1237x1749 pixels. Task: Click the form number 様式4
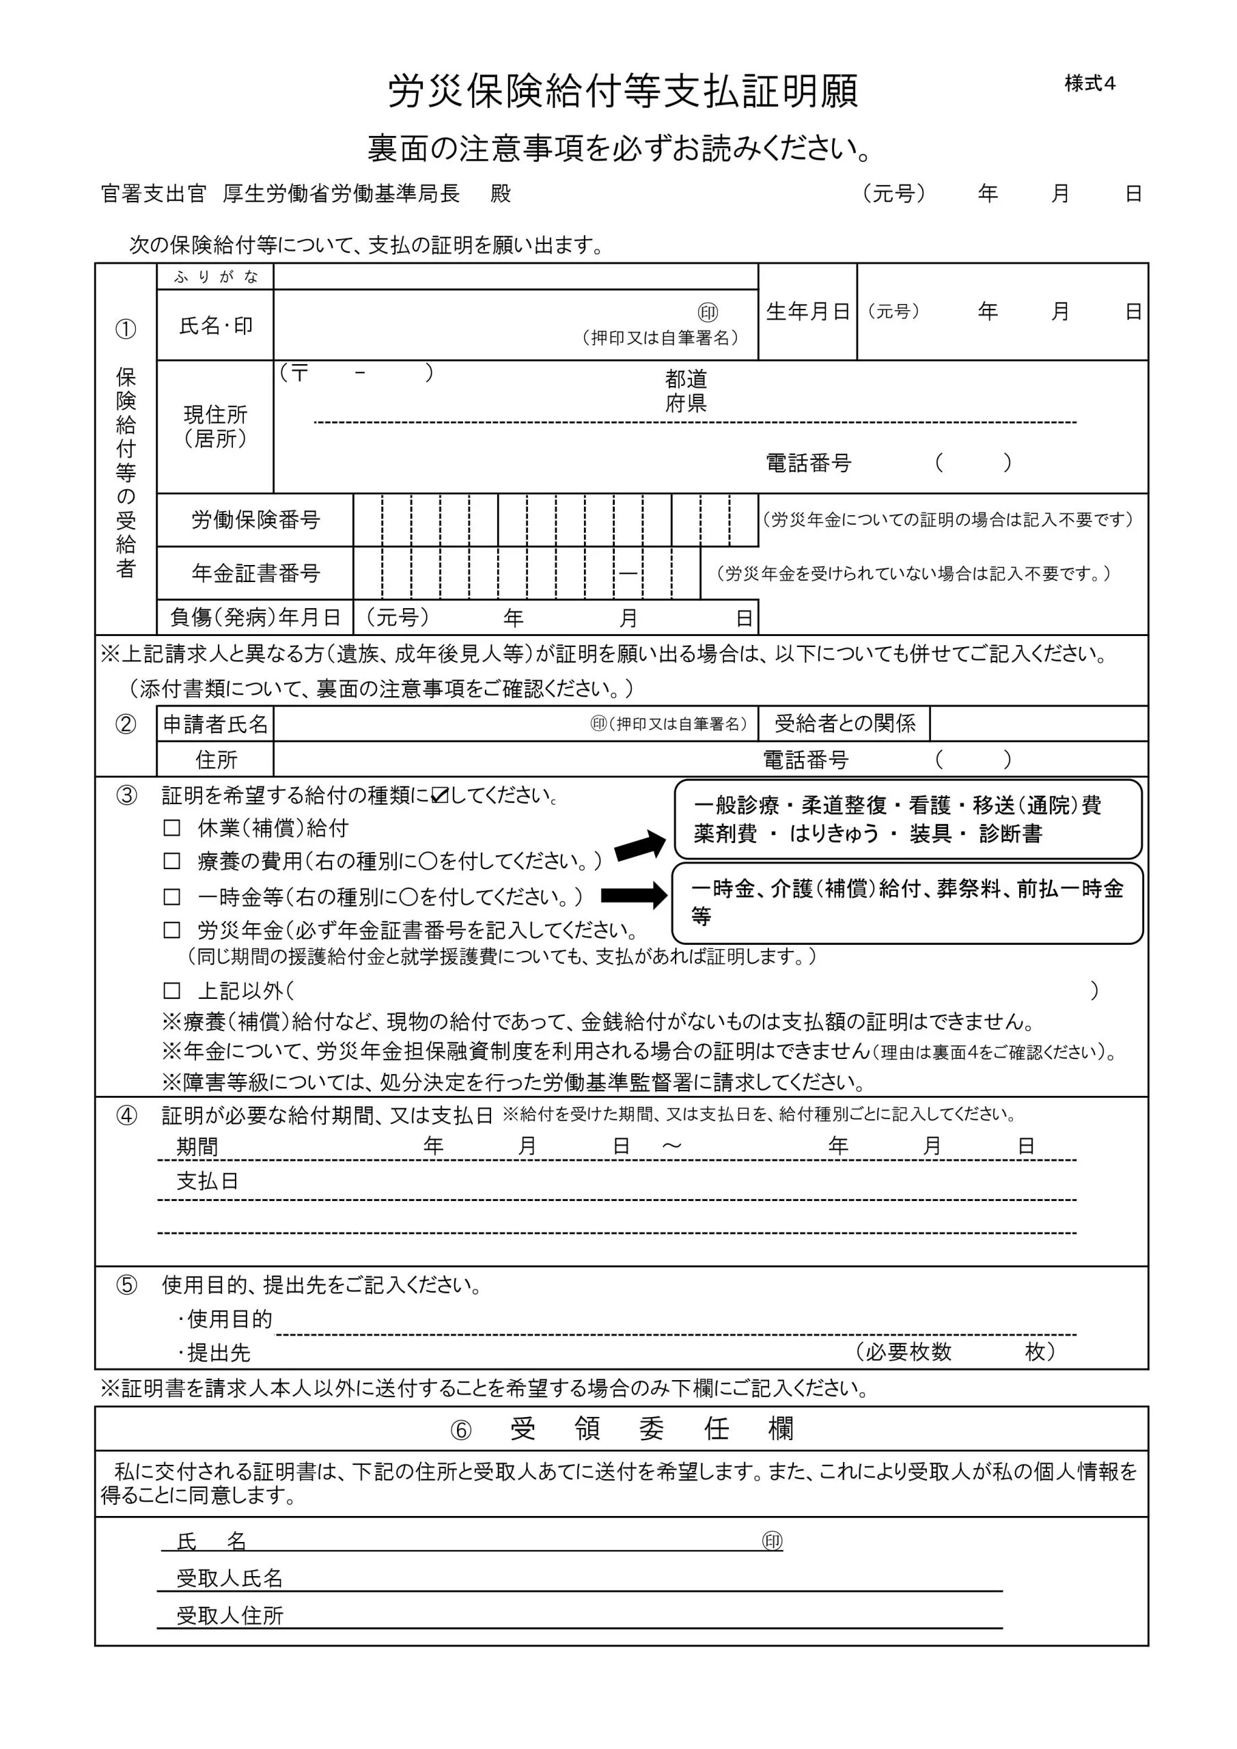1089,84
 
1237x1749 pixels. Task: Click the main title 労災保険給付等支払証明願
623,92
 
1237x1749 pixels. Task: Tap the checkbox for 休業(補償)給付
172,828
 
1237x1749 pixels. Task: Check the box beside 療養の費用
172,862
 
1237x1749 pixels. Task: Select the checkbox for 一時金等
172,896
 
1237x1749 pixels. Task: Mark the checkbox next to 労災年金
172,930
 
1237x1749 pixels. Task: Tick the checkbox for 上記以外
172,990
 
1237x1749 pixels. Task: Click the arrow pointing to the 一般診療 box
640,846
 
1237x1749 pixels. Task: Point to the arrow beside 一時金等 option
634,895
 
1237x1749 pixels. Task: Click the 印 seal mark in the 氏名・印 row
708,312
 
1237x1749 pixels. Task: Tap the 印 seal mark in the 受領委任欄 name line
772,1541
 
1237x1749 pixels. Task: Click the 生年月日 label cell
807,312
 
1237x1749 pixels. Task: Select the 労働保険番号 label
255,521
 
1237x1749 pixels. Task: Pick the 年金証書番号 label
255,573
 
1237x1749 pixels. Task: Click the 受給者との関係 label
844,723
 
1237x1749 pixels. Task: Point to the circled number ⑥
461,1430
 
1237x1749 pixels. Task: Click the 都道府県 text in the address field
686,391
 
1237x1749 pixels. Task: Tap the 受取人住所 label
230,1616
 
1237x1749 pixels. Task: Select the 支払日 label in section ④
207,1181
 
